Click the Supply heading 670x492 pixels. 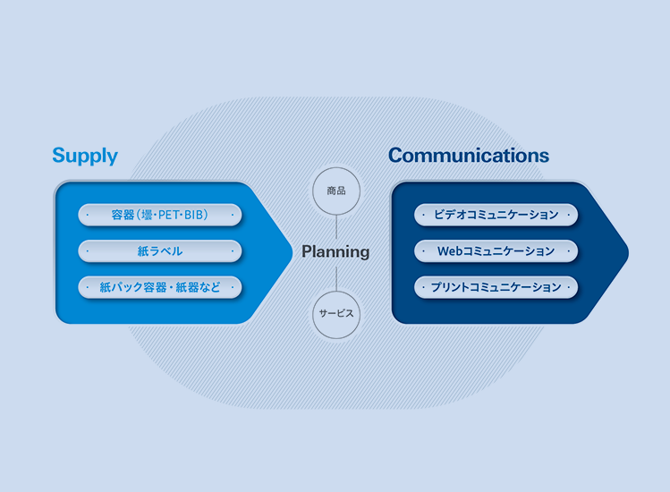click(x=85, y=156)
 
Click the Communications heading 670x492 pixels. click(x=468, y=156)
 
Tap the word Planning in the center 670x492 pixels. click(x=335, y=251)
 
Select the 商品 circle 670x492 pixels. click(x=336, y=191)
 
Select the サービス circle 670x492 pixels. click(x=336, y=314)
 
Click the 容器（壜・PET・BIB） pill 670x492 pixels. click(x=160, y=215)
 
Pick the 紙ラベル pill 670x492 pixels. click(x=160, y=251)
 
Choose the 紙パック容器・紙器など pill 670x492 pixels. click(x=160, y=287)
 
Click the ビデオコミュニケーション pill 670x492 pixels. click(x=496, y=215)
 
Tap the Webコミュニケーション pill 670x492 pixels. click(x=496, y=251)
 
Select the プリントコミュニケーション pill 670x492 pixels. click(x=496, y=287)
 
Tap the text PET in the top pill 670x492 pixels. click(x=170, y=215)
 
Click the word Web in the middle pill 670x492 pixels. click(x=448, y=251)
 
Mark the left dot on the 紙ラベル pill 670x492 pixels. click(x=88, y=251)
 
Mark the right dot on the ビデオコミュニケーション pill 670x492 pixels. click(x=569, y=215)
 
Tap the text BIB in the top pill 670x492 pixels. click(x=195, y=215)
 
